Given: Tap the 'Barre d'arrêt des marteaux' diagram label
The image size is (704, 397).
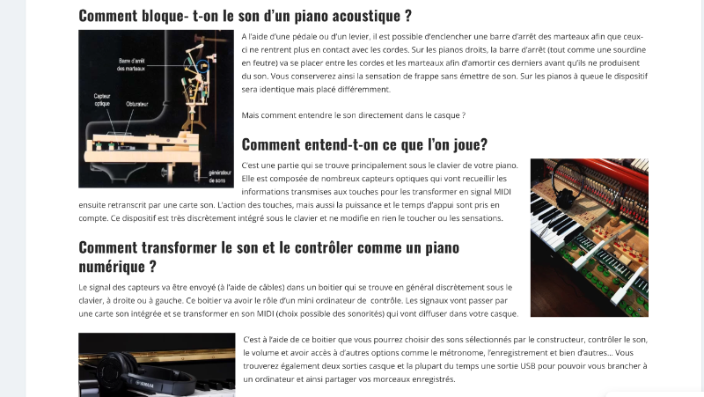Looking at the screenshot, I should click(x=130, y=64).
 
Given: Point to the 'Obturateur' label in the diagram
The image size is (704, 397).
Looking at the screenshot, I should click(x=136, y=104).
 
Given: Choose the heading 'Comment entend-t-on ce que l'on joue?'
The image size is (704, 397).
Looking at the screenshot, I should click(x=364, y=144).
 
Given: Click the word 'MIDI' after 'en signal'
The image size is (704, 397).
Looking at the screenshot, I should click(x=502, y=191).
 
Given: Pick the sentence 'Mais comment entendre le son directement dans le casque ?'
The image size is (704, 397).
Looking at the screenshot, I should click(x=353, y=115).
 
